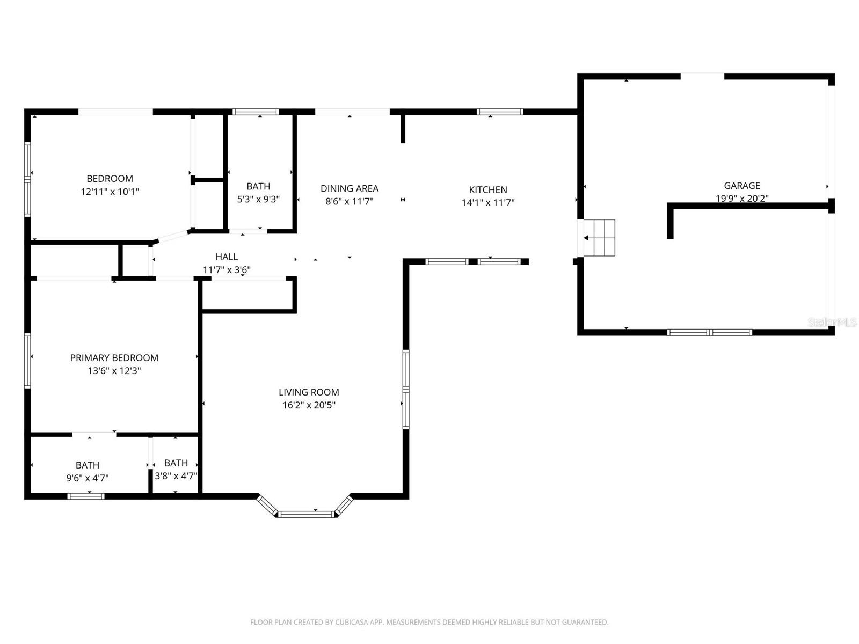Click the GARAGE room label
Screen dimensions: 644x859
coord(741,186)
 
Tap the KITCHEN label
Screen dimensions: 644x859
coord(487,189)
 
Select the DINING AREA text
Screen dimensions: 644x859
coord(349,188)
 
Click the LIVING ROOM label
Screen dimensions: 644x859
coord(309,392)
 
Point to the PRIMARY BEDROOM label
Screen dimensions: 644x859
coord(114,358)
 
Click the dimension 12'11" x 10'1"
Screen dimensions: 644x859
coord(110,192)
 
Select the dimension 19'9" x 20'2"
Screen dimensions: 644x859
coord(741,199)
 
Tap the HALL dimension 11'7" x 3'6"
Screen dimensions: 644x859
coord(227,270)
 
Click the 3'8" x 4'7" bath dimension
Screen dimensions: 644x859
coord(176,476)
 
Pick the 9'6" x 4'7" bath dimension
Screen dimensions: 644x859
coord(87,478)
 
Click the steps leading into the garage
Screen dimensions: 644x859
coord(600,238)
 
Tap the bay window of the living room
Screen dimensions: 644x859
coord(306,514)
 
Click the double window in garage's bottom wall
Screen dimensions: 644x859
coord(709,332)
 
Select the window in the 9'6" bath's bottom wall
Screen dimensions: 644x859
coord(86,496)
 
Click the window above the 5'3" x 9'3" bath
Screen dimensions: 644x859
coord(256,112)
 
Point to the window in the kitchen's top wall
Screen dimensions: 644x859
coord(500,112)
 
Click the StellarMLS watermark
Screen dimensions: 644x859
coord(832,322)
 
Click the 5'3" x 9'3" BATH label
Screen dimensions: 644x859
coord(258,186)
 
